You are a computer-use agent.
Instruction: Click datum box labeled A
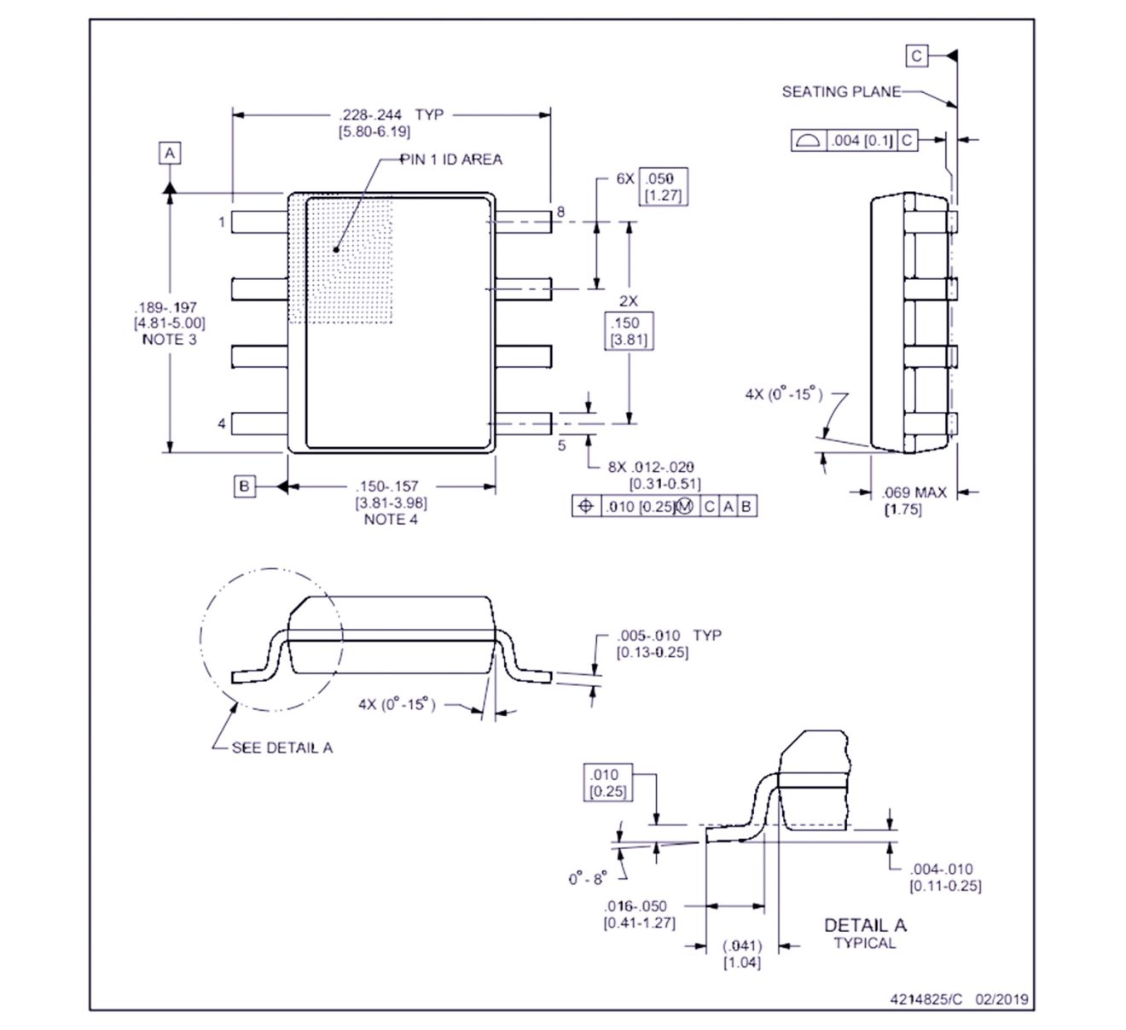click(x=170, y=153)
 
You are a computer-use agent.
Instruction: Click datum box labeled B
click(x=244, y=486)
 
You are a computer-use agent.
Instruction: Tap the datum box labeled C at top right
click(x=916, y=56)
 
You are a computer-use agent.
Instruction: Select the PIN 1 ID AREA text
click(x=451, y=160)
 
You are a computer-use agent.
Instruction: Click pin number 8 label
click(x=560, y=211)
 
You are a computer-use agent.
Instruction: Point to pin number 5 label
click(x=561, y=445)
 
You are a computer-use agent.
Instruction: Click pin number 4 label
click(x=222, y=423)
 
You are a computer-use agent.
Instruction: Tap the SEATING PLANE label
click(x=840, y=91)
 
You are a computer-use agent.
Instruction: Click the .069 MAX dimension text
click(x=914, y=492)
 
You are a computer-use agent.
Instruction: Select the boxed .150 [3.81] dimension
click(x=628, y=331)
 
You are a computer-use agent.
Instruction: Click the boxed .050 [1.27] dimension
click(x=663, y=186)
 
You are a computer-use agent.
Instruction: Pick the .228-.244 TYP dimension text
click(x=391, y=114)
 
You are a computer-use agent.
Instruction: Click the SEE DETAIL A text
click(x=282, y=748)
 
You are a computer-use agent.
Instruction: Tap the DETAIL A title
click(x=864, y=925)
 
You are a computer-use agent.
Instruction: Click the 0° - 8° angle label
click(x=588, y=878)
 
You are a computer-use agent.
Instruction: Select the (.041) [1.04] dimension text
click(x=741, y=953)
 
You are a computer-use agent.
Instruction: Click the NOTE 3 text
click(x=169, y=339)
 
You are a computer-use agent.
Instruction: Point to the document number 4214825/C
click(x=926, y=999)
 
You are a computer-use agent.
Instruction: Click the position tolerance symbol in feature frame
click(x=585, y=506)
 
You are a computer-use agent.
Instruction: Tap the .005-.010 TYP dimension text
click(x=669, y=636)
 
